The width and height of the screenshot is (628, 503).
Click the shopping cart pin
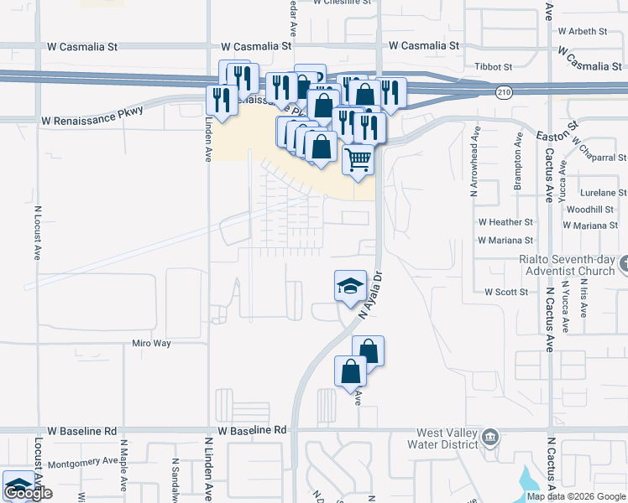358,159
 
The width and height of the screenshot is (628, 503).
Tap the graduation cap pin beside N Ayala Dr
350,287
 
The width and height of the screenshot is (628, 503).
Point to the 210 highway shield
503,90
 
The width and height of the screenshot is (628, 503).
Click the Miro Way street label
151,344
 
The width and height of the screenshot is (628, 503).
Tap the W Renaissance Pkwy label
92,122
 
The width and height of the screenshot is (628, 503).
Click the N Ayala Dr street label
370,294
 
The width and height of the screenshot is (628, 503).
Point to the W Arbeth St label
582,31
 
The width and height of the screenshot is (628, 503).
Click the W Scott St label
505,292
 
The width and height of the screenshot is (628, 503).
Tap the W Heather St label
505,222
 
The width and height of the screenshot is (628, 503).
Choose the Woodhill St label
590,209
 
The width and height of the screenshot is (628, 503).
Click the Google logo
29,494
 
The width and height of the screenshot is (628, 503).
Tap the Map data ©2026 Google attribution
576,496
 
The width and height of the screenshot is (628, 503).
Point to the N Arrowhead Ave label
474,161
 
